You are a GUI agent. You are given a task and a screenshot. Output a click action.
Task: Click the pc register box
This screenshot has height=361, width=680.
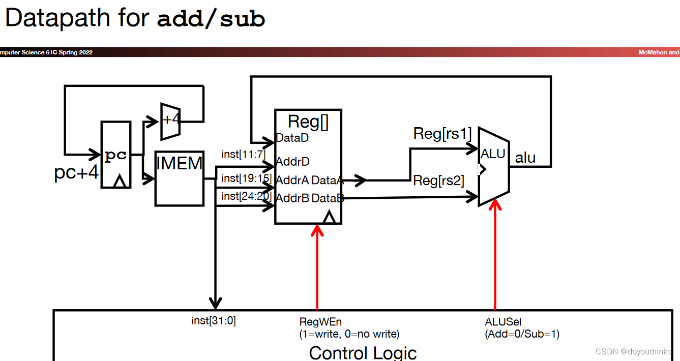[116, 155]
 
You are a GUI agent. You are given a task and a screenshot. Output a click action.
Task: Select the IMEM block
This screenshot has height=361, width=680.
[179, 178]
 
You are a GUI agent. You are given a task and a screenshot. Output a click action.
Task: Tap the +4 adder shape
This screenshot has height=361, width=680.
[170, 121]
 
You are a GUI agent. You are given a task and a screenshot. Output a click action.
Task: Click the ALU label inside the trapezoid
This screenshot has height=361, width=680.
[493, 154]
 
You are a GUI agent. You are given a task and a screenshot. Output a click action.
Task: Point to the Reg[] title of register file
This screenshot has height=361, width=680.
[308, 122]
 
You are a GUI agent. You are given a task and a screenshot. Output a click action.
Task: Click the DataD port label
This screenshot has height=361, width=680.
[292, 138]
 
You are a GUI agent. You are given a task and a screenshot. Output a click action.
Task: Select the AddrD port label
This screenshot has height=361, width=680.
[292, 162]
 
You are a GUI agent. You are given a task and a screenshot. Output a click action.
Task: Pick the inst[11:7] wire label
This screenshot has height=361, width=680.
[243, 154]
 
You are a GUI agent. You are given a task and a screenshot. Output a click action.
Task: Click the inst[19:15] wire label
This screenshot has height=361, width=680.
[246, 178]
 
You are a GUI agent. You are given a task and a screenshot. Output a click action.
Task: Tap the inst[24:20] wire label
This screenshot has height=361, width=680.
[246, 196]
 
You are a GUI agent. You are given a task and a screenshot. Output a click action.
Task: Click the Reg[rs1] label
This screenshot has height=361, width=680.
[442, 134]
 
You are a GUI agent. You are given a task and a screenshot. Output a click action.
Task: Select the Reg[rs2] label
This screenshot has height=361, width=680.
[438, 180]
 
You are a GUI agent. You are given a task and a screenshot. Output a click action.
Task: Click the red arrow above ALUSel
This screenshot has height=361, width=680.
[495, 254]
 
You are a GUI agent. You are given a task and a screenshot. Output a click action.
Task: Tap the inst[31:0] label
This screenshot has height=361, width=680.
[214, 321]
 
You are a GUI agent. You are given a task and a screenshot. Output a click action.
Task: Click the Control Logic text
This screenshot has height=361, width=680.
[363, 352]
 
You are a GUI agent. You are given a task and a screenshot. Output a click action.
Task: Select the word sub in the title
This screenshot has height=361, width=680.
[243, 19]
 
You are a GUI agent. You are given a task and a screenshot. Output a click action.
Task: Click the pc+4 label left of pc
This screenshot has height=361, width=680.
[76, 173]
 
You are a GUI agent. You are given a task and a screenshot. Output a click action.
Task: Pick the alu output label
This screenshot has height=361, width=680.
[525, 158]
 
